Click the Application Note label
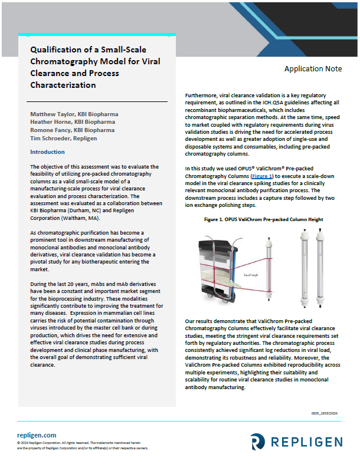pos(313,69)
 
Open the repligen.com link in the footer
pos(37,435)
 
